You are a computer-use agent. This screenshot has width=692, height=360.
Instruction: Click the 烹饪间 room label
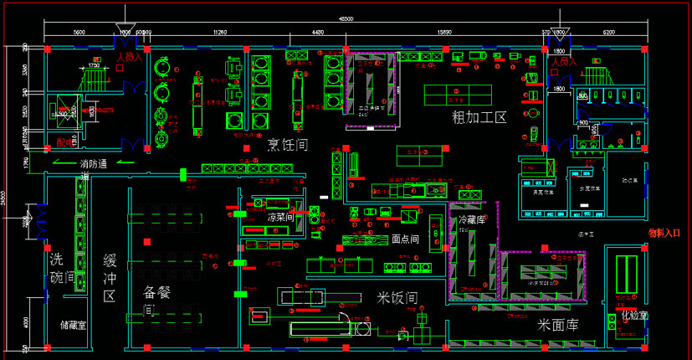[285, 145]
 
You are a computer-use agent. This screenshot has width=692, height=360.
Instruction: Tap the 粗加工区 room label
[479, 117]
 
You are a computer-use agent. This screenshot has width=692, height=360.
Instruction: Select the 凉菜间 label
[280, 218]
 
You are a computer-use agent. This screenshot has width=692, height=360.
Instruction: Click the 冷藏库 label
[473, 220]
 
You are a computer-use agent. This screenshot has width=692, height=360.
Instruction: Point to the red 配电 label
[64, 141]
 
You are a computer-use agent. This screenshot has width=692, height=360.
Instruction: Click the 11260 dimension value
[219, 32]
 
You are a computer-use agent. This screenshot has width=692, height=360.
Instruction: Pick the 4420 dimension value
[318, 32]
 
